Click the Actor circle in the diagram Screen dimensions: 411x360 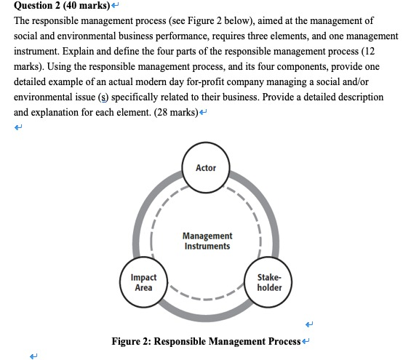pos(206,168)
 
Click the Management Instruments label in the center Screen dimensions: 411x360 pos(207,241)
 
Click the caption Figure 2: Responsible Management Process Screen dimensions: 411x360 pos(206,341)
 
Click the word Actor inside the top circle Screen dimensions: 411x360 pos(206,168)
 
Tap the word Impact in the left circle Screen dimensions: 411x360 pos(144,277)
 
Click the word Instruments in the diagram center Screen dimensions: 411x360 pos(207,246)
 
